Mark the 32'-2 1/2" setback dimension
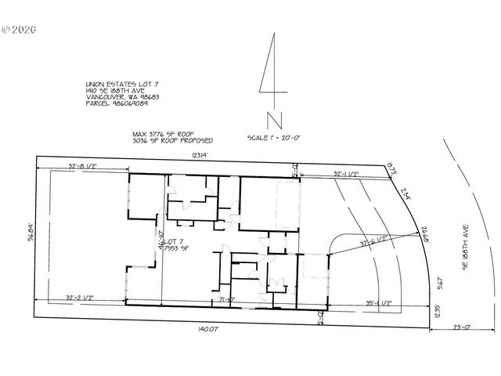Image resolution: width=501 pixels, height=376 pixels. coord(81,298)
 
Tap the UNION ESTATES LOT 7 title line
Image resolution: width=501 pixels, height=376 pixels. coord(116,84)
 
